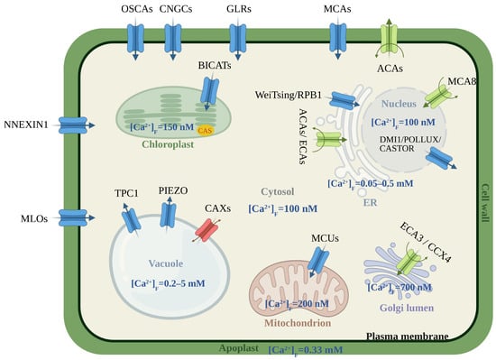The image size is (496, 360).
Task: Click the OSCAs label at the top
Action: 137,9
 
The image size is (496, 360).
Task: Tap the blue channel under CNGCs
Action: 173,39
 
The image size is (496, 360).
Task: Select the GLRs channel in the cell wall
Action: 238,39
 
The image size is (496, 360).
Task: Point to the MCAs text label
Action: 337,9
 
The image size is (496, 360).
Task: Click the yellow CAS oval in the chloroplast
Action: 206,130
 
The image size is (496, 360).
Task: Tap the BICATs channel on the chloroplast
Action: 209,92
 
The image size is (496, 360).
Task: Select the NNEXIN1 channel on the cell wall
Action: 73,125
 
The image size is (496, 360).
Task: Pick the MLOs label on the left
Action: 34,218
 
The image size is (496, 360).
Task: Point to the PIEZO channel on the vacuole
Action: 168,216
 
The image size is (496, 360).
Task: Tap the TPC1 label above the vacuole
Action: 126,193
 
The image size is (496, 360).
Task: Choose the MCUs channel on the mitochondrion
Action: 318,262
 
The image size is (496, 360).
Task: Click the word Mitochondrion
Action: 298,323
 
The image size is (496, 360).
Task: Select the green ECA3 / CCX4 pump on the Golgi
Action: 409,262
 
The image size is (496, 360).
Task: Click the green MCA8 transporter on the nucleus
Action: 438,96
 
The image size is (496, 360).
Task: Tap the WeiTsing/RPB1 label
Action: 289,95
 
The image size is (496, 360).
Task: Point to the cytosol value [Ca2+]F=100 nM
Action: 283,209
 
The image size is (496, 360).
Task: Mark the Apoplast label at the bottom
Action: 239,348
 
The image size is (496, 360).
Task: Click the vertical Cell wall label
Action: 485,202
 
